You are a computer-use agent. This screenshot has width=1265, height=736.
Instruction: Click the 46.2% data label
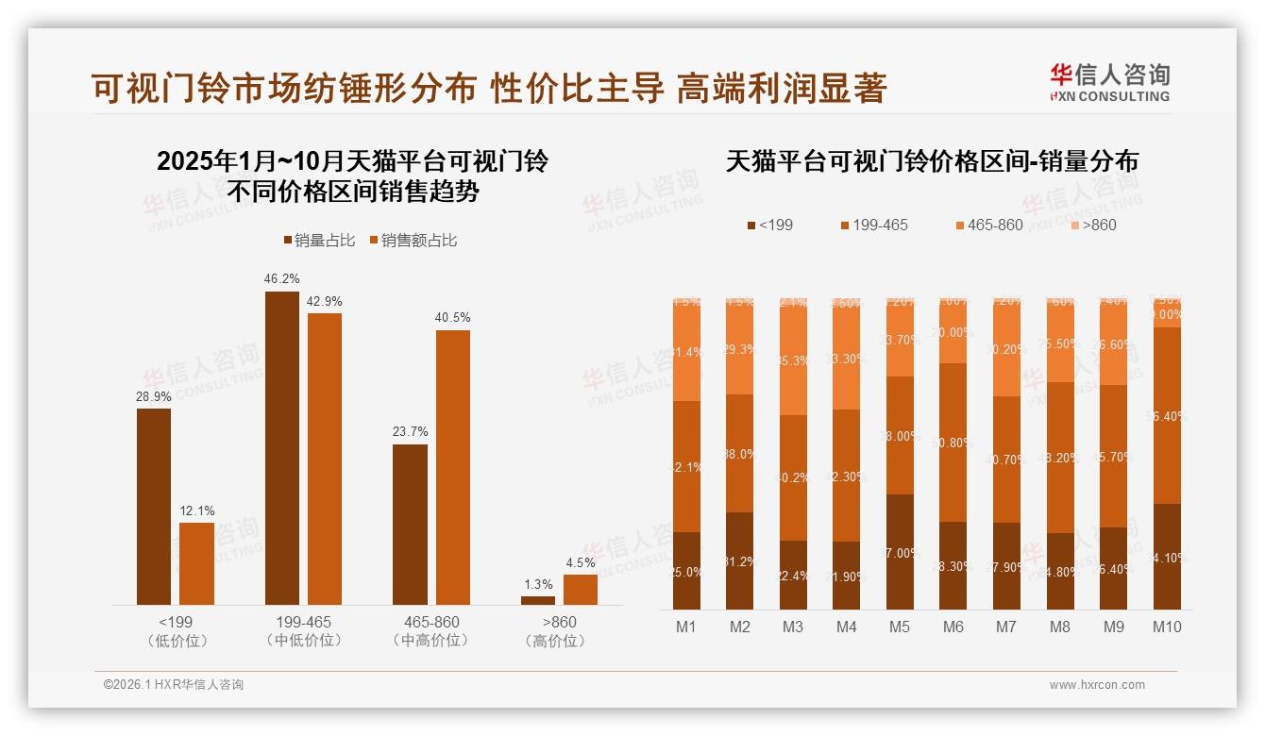(282, 279)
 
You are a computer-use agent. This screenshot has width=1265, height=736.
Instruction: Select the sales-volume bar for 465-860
(410, 524)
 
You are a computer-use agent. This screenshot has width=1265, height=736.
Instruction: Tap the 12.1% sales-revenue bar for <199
(196, 563)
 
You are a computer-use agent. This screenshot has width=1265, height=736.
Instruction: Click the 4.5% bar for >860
(581, 589)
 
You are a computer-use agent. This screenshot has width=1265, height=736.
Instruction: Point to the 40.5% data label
(452, 318)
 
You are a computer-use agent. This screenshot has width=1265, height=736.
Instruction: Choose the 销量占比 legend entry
(319, 241)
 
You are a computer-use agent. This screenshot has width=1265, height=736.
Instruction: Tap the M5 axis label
(900, 627)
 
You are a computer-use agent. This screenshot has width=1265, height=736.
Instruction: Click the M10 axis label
(1167, 627)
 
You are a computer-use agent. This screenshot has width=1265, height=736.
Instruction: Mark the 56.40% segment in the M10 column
(1167, 415)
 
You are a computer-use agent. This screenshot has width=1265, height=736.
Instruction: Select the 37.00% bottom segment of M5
(900, 552)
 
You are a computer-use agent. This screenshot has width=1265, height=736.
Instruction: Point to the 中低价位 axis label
(304, 641)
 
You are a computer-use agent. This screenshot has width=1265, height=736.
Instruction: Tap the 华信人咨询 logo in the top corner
(1109, 82)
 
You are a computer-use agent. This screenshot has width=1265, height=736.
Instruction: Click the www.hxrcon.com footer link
(1097, 685)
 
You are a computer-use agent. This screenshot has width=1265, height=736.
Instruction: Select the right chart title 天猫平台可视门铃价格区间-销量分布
(932, 161)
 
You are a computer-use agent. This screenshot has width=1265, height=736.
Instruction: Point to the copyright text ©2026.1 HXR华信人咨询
(174, 685)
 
